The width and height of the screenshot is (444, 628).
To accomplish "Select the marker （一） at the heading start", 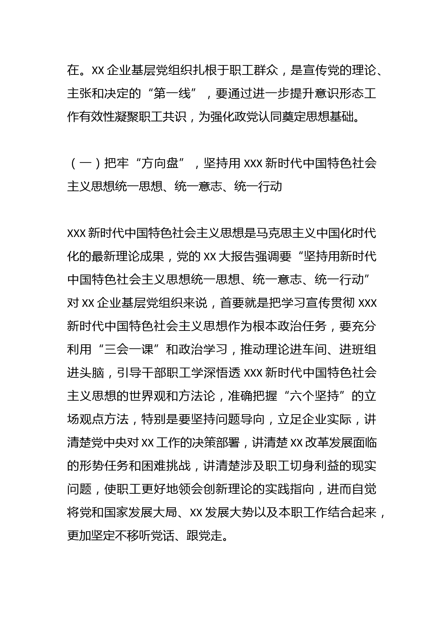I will pyautogui.click(x=85, y=163).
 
